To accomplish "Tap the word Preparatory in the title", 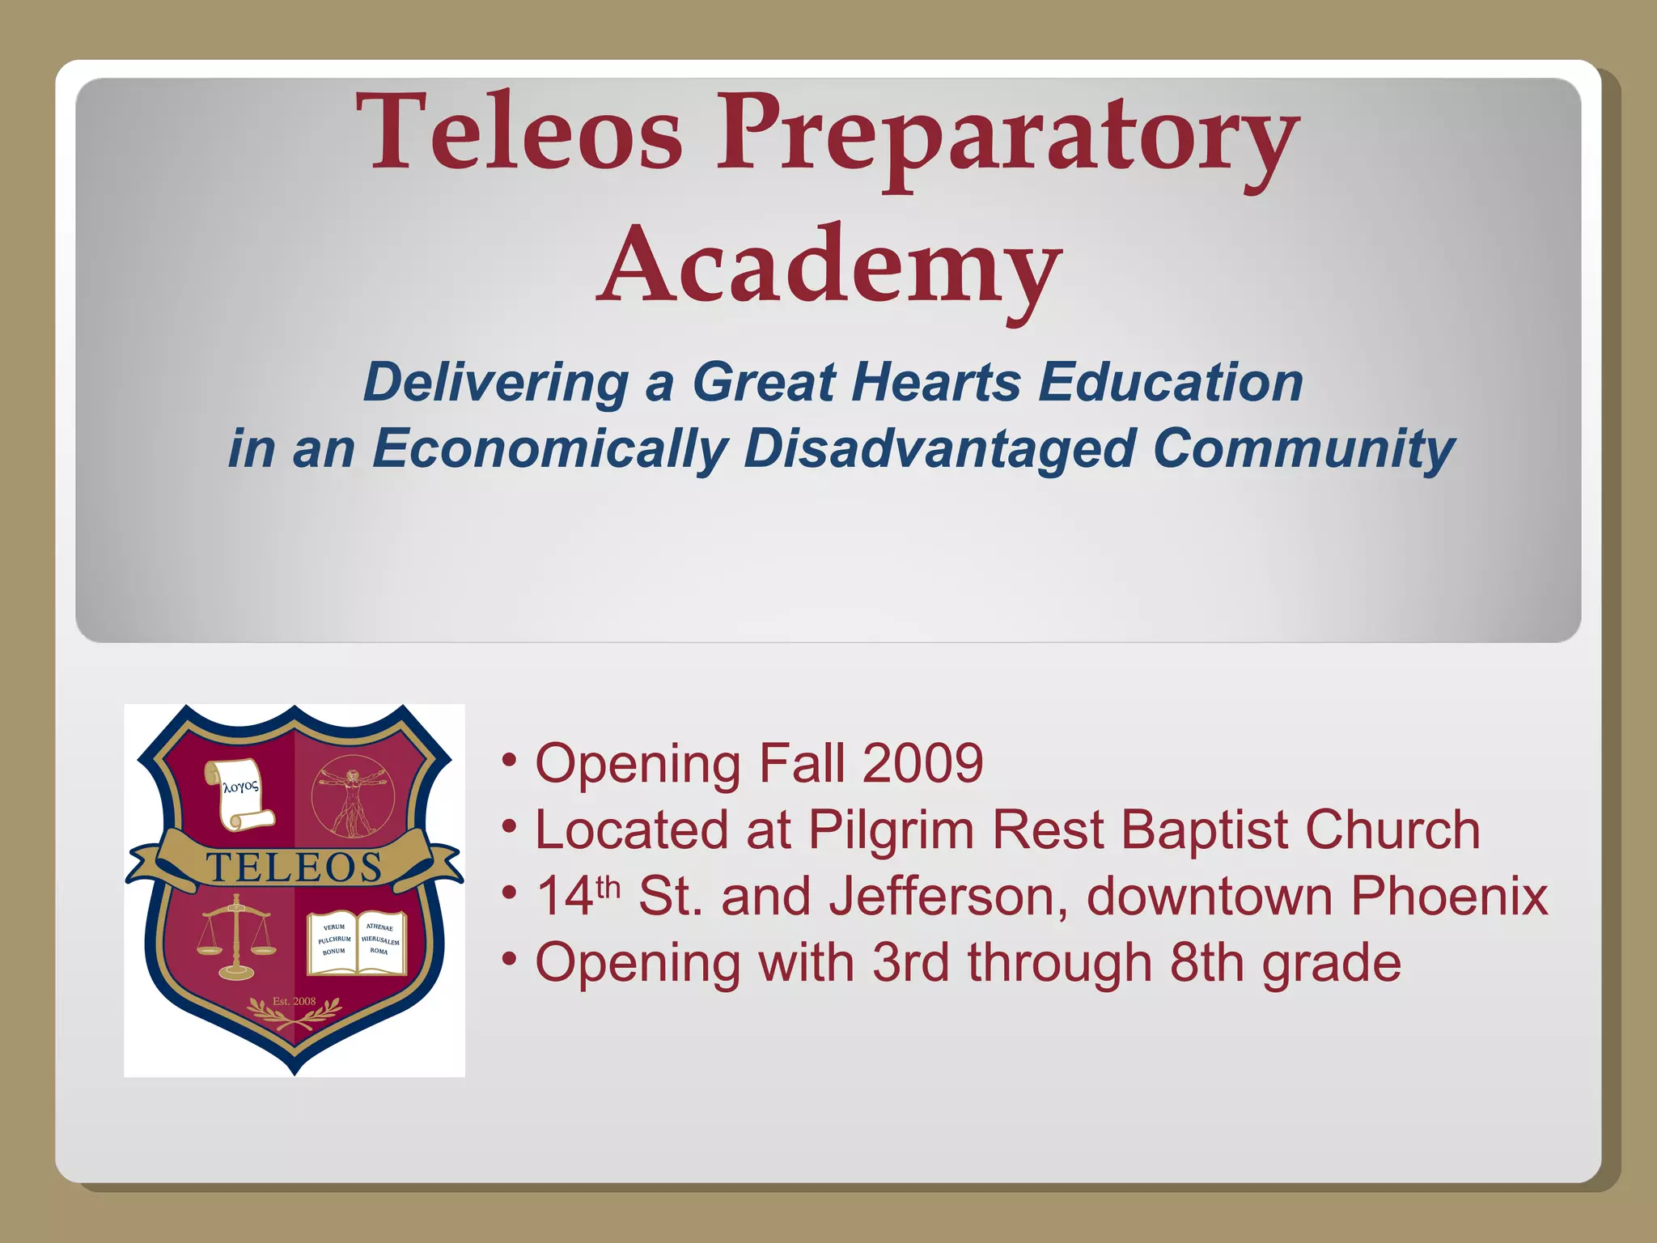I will (1006, 138).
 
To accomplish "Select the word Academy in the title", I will (828, 267).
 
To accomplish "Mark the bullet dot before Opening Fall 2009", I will (509, 761).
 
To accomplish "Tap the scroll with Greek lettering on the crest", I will (240, 794).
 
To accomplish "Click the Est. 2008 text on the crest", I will (295, 1001).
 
